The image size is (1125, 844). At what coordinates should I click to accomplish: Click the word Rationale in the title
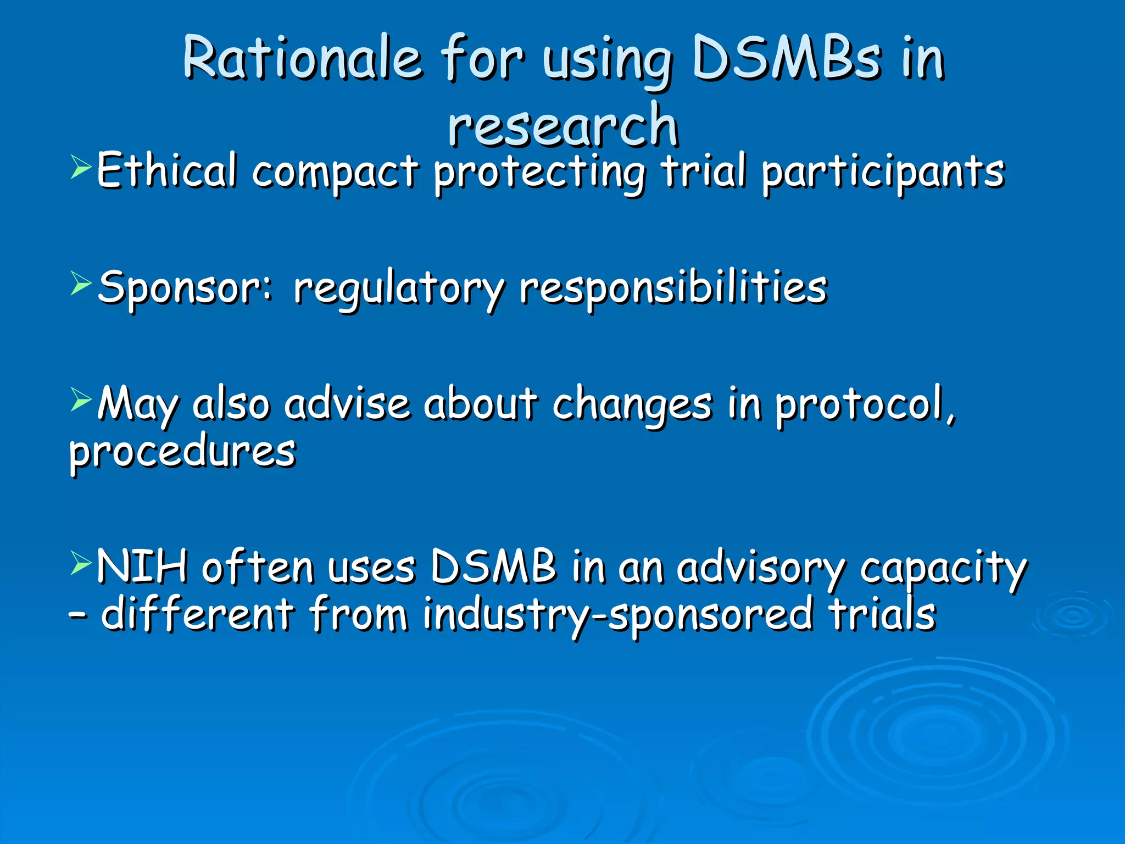302,58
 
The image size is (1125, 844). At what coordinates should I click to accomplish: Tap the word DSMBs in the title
787,58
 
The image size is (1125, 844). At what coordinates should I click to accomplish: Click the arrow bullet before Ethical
81,168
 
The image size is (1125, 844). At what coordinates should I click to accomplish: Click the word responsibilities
673,288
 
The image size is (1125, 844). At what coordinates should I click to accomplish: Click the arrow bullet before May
81,400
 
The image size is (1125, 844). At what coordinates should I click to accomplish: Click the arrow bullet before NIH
81,563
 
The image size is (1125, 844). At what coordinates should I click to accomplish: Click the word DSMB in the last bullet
493,567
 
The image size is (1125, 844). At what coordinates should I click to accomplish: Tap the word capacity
943,569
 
